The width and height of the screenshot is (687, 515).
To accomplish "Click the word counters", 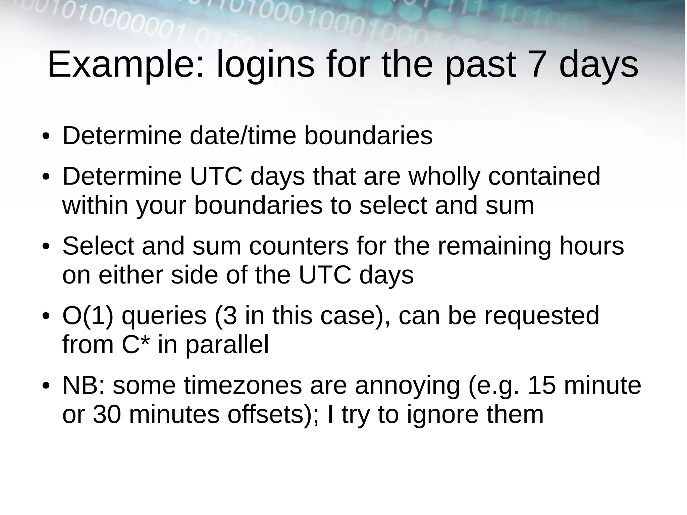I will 299,246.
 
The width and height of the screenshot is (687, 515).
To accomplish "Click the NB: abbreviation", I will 84,385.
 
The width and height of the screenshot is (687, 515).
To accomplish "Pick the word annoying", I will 407,385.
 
